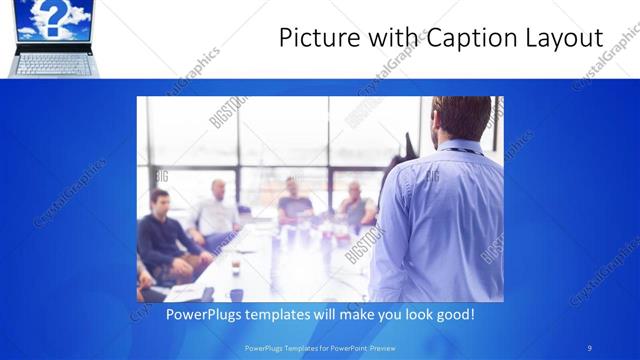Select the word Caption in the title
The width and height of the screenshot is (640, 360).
coord(462,39)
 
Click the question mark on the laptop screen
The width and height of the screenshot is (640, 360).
coord(53,17)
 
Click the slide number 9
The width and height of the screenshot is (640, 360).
coord(590,347)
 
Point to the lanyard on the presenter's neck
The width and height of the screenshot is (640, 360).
coord(463,151)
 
